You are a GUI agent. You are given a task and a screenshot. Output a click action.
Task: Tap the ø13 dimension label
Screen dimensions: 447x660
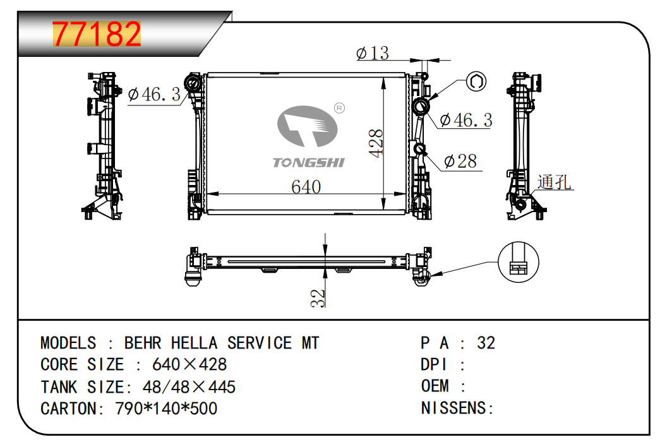373,53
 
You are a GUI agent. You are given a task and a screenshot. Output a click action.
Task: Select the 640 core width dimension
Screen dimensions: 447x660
306,187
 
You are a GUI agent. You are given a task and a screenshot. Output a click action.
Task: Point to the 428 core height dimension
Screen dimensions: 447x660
376,143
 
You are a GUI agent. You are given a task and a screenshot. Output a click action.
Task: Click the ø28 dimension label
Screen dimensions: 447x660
460,162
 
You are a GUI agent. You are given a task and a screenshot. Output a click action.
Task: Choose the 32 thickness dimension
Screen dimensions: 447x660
319,297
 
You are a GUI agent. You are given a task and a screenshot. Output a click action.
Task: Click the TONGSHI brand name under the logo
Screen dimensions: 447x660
309,163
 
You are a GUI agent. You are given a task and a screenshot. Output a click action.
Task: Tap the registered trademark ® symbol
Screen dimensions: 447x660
339,109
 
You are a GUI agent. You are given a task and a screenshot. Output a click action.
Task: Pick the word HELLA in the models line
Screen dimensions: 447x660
194,343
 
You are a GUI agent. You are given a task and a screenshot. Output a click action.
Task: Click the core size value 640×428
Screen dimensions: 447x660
189,365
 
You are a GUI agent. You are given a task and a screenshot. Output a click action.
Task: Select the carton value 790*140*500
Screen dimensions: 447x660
166,408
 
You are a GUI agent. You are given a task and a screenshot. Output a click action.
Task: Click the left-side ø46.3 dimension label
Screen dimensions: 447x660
154,95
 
